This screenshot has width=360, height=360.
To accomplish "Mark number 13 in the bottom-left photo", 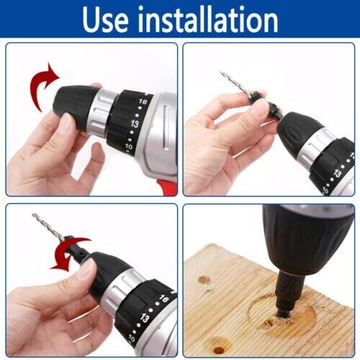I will point(147,317).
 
